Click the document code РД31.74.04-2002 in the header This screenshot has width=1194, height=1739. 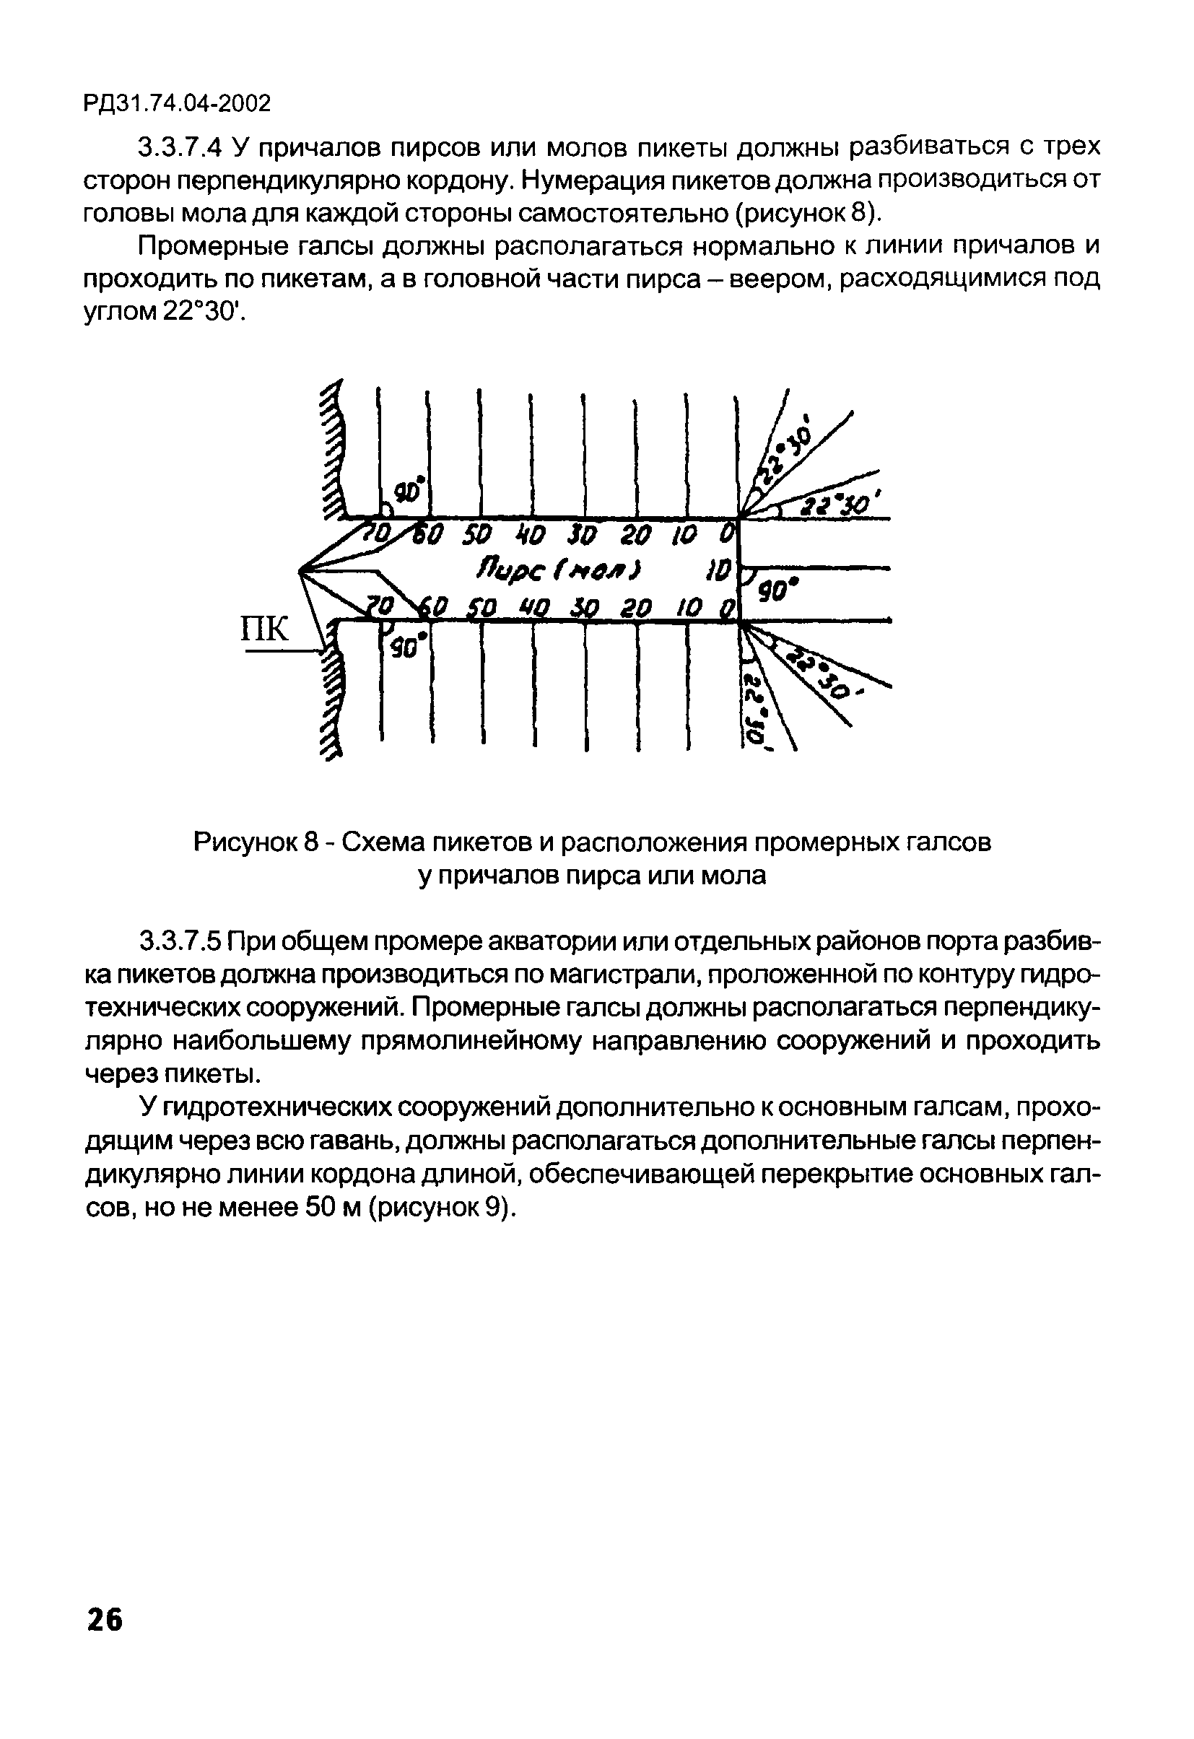point(177,104)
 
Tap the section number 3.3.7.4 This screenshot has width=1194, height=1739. point(180,148)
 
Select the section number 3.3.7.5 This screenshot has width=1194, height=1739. point(180,941)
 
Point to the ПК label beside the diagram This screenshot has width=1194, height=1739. point(264,629)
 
